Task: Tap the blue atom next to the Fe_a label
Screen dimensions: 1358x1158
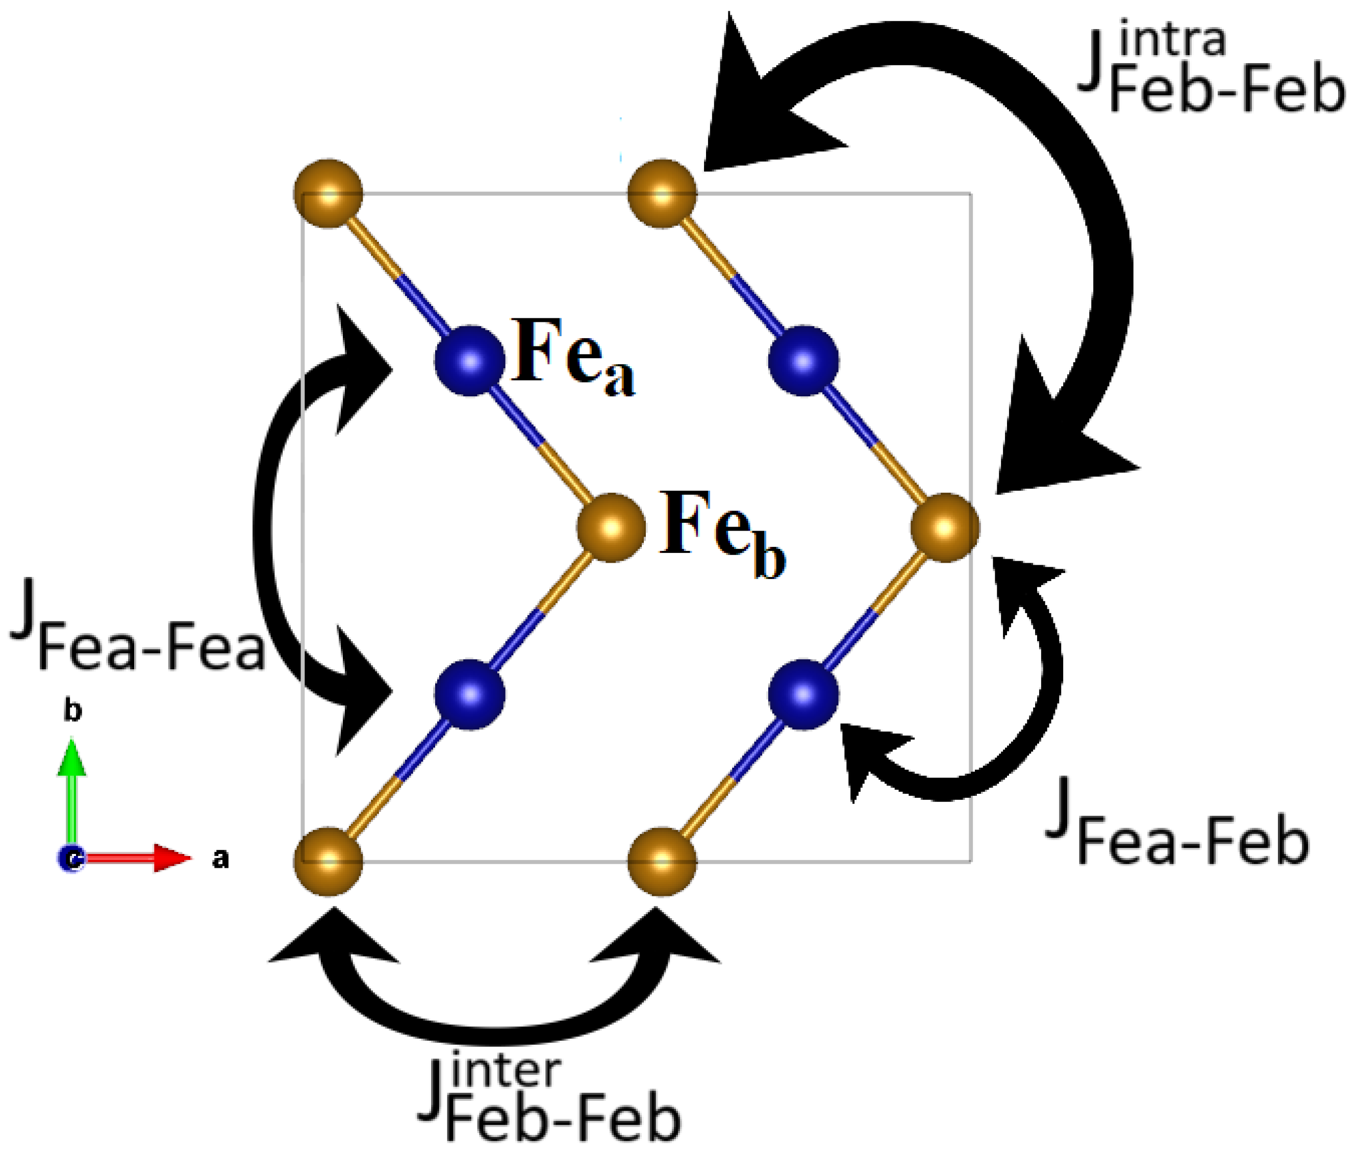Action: [x=469, y=361]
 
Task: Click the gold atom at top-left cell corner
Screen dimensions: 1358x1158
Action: [x=328, y=194]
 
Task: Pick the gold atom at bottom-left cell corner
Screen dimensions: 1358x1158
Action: [x=328, y=861]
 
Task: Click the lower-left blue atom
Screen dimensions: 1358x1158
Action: [x=469, y=694]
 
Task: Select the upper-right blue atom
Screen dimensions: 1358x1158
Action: [x=803, y=361]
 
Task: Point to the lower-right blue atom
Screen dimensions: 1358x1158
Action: [x=803, y=694]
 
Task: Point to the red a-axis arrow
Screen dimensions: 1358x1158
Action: [x=138, y=858]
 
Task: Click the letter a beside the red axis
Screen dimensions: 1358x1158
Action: [x=220, y=859]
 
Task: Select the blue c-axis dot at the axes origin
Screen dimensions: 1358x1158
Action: [x=71, y=859]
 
